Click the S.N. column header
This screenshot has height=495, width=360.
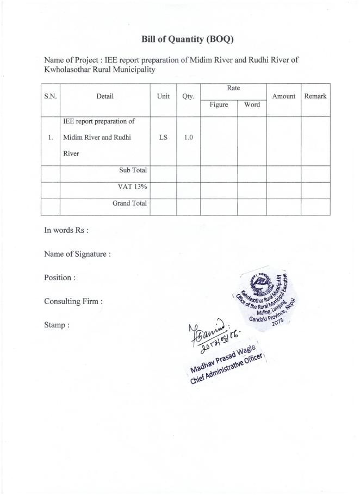pos(50,96)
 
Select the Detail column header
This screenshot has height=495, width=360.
pos(105,96)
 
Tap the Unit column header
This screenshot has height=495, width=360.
pos(163,96)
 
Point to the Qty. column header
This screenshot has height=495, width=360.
pos(188,96)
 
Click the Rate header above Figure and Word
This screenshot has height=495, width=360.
pos(233,88)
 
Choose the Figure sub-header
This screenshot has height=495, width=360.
pos(219,104)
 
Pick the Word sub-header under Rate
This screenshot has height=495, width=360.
pos(252,104)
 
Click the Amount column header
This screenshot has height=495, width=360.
pos(283,96)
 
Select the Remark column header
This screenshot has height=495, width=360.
pos(315,96)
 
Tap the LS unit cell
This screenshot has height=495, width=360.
pos(163,138)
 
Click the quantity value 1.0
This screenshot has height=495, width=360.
pos(188,138)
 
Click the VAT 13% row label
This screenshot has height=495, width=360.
pos(132,187)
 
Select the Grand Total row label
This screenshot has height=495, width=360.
pos(130,203)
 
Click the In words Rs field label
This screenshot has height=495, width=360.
pos(66,230)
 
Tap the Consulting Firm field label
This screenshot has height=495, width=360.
pos(73,301)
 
